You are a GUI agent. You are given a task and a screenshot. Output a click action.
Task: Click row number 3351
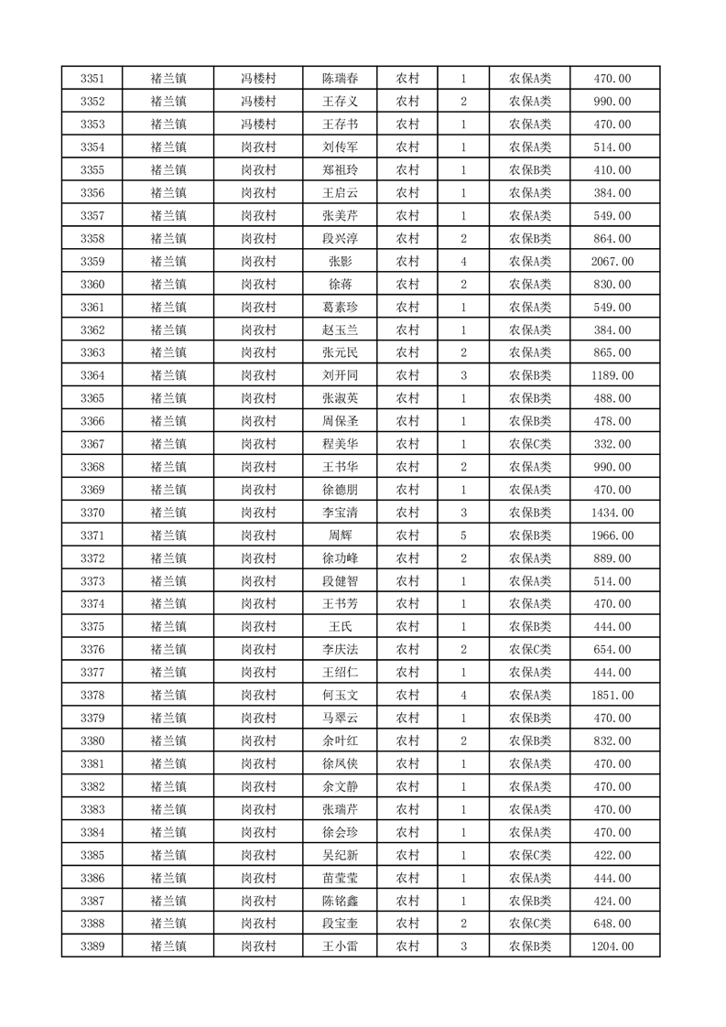92,79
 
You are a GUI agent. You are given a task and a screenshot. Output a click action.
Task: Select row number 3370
92,513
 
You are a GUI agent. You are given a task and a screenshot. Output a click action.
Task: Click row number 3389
92,946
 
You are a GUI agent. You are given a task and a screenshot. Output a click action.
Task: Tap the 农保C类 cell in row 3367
530,444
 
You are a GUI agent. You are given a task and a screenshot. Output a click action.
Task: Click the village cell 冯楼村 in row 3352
258,102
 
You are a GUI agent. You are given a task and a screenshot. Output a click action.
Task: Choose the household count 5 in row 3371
464,535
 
